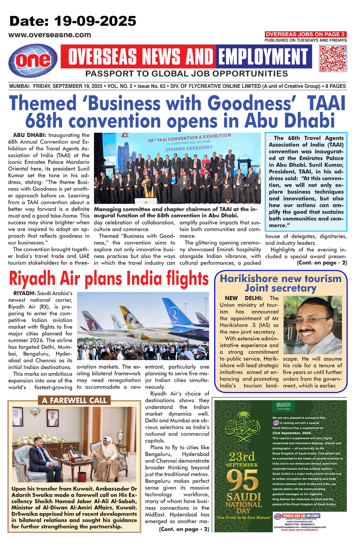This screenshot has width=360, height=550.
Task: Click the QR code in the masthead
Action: tap(333, 58)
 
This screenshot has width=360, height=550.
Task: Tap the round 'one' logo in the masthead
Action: tap(33, 61)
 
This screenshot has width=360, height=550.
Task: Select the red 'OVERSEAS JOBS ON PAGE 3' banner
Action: tap(305, 34)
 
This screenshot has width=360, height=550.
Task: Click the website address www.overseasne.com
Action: tap(50, 35)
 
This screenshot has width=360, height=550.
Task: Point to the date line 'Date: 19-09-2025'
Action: tap(73, 21)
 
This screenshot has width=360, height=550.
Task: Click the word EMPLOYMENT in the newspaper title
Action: tap(263, 57)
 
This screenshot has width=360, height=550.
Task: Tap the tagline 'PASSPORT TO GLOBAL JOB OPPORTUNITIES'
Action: tap(186, 74)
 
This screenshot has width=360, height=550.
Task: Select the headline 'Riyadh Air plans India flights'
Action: tap(108, 278)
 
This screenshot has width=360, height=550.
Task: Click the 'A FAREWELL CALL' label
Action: tap(74, 400)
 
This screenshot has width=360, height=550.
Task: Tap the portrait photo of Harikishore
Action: tap(313, 325)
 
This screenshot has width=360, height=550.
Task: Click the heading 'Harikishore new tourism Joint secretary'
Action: tap(281, 283)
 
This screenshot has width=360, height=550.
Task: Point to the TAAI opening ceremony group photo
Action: tap(177, 168)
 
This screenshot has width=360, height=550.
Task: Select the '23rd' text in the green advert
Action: tap(242, 456)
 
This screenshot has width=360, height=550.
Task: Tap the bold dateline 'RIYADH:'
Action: tap(24, 293)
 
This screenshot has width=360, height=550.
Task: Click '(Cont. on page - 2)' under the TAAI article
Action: tap(322, 262)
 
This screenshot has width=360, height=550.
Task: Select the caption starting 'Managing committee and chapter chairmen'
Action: tap(175, 212)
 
